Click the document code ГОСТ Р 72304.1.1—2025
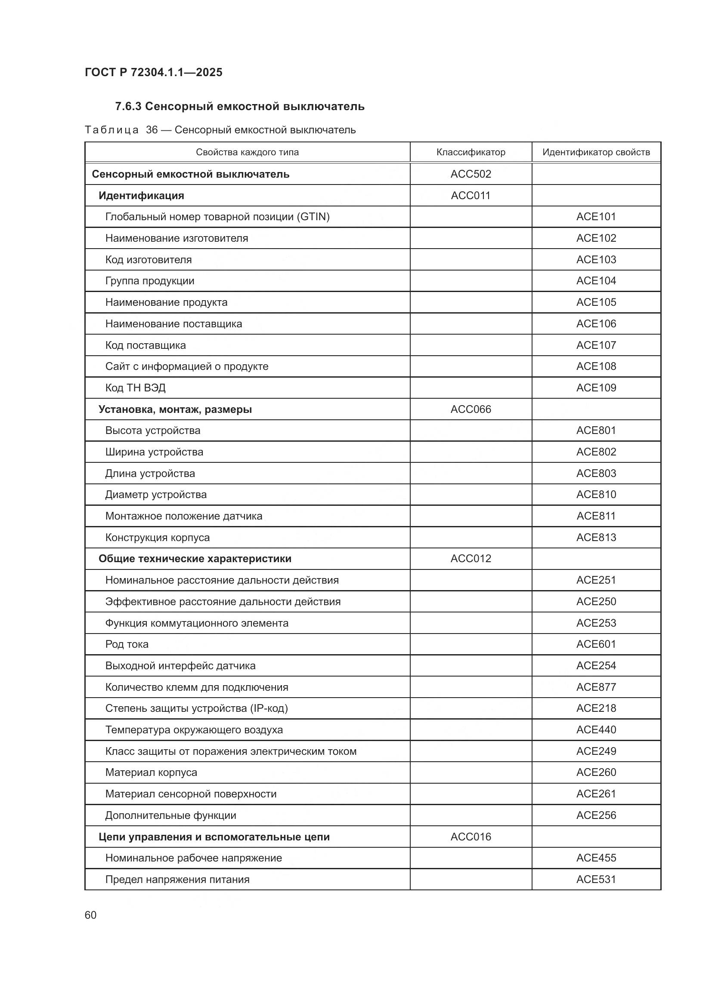[x=153, y=72]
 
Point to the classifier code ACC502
[x=471, y=174]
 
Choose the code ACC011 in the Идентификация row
[x=471, y=195]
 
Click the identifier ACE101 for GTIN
[x=596, y=216]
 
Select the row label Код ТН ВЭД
[x=135, y=388]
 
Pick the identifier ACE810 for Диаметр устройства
[x=596, y=494]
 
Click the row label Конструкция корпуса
[x=157, y=537]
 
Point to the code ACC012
[x=471, y=559]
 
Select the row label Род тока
[x=127, y=644]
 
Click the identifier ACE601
[x=596, y=644]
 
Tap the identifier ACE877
[x=596, y=687]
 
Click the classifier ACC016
[x=471, y=837]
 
